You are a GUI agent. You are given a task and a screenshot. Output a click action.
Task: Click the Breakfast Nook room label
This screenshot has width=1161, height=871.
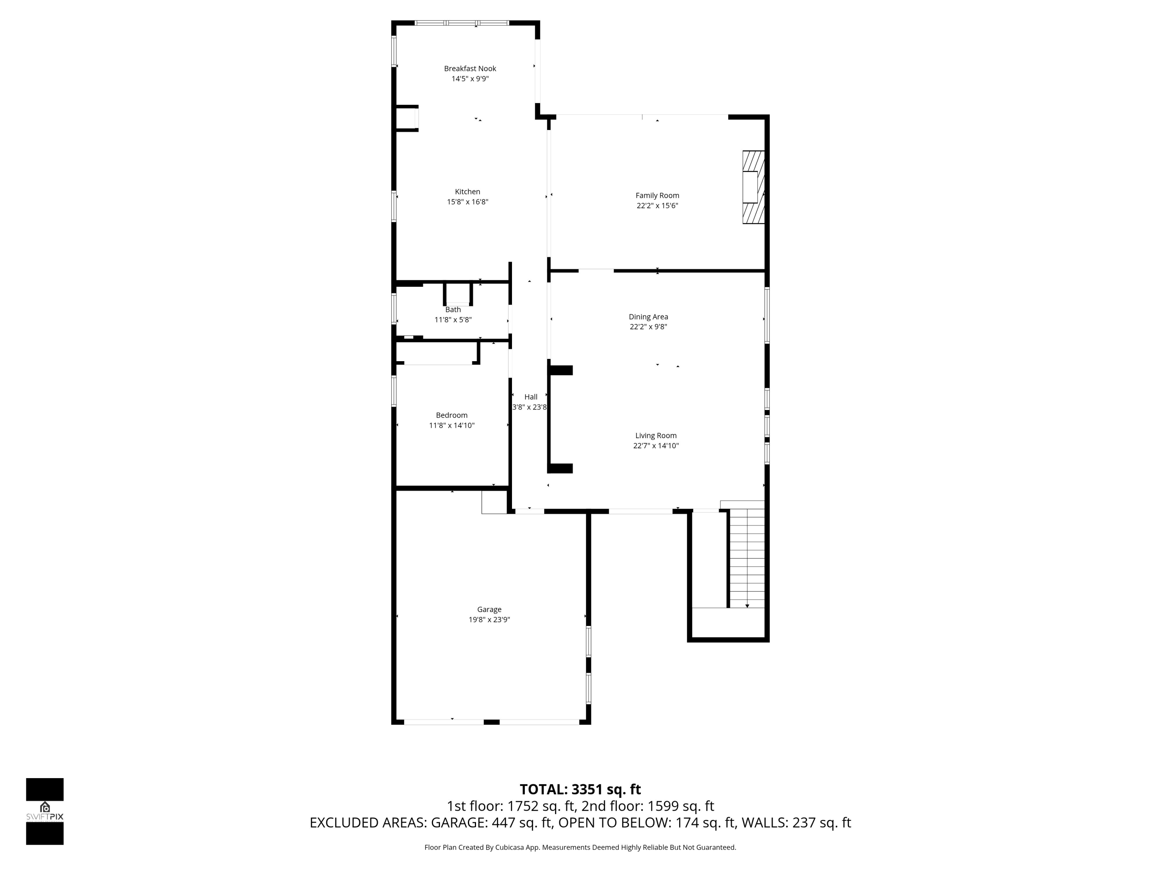tap(470, 68)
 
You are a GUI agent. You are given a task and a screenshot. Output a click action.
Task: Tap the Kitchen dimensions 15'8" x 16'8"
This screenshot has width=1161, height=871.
tap(467, 202)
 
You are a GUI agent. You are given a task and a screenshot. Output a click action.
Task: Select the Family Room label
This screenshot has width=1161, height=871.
tap(657, 195)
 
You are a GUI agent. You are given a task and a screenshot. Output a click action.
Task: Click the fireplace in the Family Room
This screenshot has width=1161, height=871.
tap(753, 187)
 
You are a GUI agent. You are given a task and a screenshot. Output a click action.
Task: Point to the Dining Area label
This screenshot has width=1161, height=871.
tap(648, 317)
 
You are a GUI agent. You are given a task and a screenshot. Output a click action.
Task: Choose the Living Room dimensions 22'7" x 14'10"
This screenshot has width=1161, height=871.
tap(656, 446)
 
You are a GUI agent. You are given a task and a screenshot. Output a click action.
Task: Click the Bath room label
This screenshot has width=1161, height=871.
tap(453, 310)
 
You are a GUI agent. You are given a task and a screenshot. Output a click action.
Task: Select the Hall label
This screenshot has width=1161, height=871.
tap(531, 397)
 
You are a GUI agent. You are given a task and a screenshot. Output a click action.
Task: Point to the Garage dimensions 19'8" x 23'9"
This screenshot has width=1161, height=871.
tap(489, 619)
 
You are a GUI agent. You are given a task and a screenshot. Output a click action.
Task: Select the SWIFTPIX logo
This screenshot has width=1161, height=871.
tap(45, 811)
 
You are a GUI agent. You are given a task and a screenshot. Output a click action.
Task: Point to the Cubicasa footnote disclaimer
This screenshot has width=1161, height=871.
tap(580, 847)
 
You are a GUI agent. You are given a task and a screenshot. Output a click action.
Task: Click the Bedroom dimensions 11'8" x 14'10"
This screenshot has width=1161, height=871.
tap(451, 425)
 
